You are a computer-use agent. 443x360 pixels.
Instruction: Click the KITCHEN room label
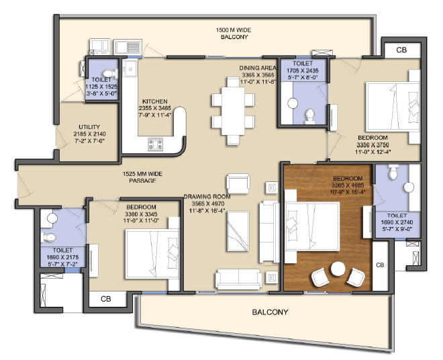(155, 101)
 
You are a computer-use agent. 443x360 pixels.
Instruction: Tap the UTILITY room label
(89, 127)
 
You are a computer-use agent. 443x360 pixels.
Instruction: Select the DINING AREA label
(258, 68)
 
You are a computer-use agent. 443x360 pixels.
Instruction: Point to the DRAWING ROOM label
(207, 197)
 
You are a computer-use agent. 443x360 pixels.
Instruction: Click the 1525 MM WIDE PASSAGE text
(142, 177)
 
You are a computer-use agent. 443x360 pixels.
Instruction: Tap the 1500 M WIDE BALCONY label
(234, 34)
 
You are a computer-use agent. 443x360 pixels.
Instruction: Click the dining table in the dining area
(233, 111)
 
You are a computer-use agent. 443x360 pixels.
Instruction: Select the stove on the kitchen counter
(156, 144)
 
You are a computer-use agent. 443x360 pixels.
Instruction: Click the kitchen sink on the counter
(130, 69)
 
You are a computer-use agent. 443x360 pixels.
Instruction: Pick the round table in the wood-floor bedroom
(338, 269)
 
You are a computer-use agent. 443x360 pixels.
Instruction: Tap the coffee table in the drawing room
(238, 231)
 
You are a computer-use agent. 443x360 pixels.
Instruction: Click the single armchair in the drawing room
(238, 183)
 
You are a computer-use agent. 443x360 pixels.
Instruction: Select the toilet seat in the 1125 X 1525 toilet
(110, 73)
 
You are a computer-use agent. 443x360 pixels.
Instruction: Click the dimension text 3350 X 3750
(373, 145)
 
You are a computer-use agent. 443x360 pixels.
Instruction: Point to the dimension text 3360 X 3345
(141, 214)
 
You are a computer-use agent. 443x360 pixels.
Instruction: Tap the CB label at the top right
(401, 50)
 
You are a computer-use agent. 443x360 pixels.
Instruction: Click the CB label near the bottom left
(106, 299)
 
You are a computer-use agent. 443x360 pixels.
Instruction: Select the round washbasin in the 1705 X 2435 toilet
(293, 103)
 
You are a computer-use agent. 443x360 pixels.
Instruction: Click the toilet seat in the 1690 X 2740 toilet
(393, 172)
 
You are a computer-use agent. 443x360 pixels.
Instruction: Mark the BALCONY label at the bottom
(270, 312)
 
